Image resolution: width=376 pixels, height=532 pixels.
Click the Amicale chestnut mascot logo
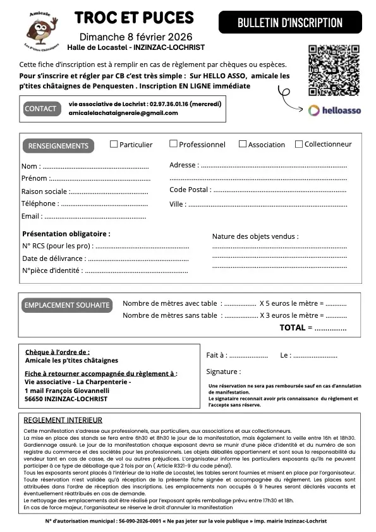pos(40,31)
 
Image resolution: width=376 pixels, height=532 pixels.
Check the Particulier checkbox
pos(114,144)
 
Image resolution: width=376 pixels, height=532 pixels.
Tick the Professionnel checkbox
pos(173,144)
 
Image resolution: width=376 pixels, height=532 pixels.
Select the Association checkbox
pos(242,144)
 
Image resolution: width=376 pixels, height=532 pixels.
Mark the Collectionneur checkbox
pos(299,144)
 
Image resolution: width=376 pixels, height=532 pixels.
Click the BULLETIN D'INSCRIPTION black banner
pos(290,23)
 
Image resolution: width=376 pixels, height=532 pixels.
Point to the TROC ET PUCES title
pos(134,18)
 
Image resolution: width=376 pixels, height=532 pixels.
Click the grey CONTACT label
pos(40,109)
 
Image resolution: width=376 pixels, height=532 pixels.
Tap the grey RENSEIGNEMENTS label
pos(58,146)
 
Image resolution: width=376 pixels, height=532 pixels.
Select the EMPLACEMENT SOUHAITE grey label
pos(66,305)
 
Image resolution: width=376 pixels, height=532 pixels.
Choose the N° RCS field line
pos(142,246)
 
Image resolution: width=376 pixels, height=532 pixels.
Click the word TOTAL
pos(293,328)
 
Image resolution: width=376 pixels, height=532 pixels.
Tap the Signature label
pos(223,372)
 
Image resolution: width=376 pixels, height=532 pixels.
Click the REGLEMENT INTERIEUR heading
pos(63,420)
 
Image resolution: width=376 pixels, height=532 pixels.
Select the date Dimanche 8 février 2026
pos(135,37)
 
